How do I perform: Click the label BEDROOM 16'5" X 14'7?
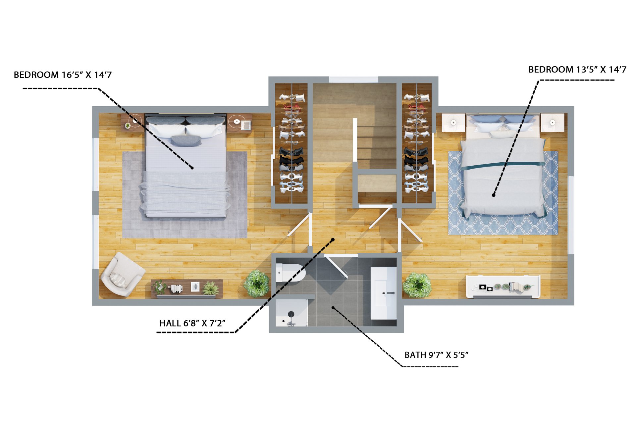tap(63, 75)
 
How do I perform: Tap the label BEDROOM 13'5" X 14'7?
tap(577, 70)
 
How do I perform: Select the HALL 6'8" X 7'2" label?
tap(192, 323)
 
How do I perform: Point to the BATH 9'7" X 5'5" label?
tap(436, 355)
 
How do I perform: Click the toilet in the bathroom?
tap(290, 273)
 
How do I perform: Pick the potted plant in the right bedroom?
tap(417, 285)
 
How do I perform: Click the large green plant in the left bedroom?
tap(257, 283)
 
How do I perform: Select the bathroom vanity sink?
tap(384, 293)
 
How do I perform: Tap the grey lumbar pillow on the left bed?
tap(186, 140)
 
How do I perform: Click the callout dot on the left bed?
tap(192, 168)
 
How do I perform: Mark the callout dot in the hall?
tap(333, 239)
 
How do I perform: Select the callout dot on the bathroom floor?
tap(333, 308)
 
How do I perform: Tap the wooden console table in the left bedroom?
tap(187, 288)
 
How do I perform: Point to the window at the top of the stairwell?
tap(353, 79)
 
